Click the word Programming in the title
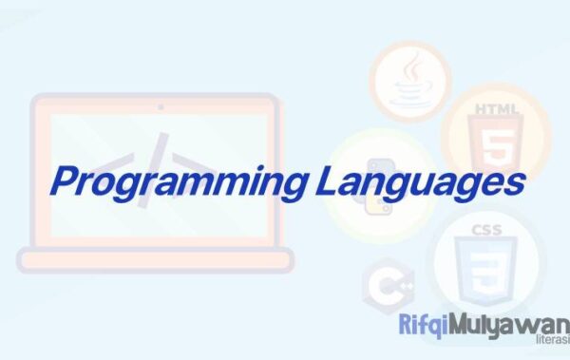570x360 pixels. click(x=171, y=181)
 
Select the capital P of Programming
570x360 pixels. click(x=66, y=179)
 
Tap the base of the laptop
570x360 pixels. click(x=156, y=259)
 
